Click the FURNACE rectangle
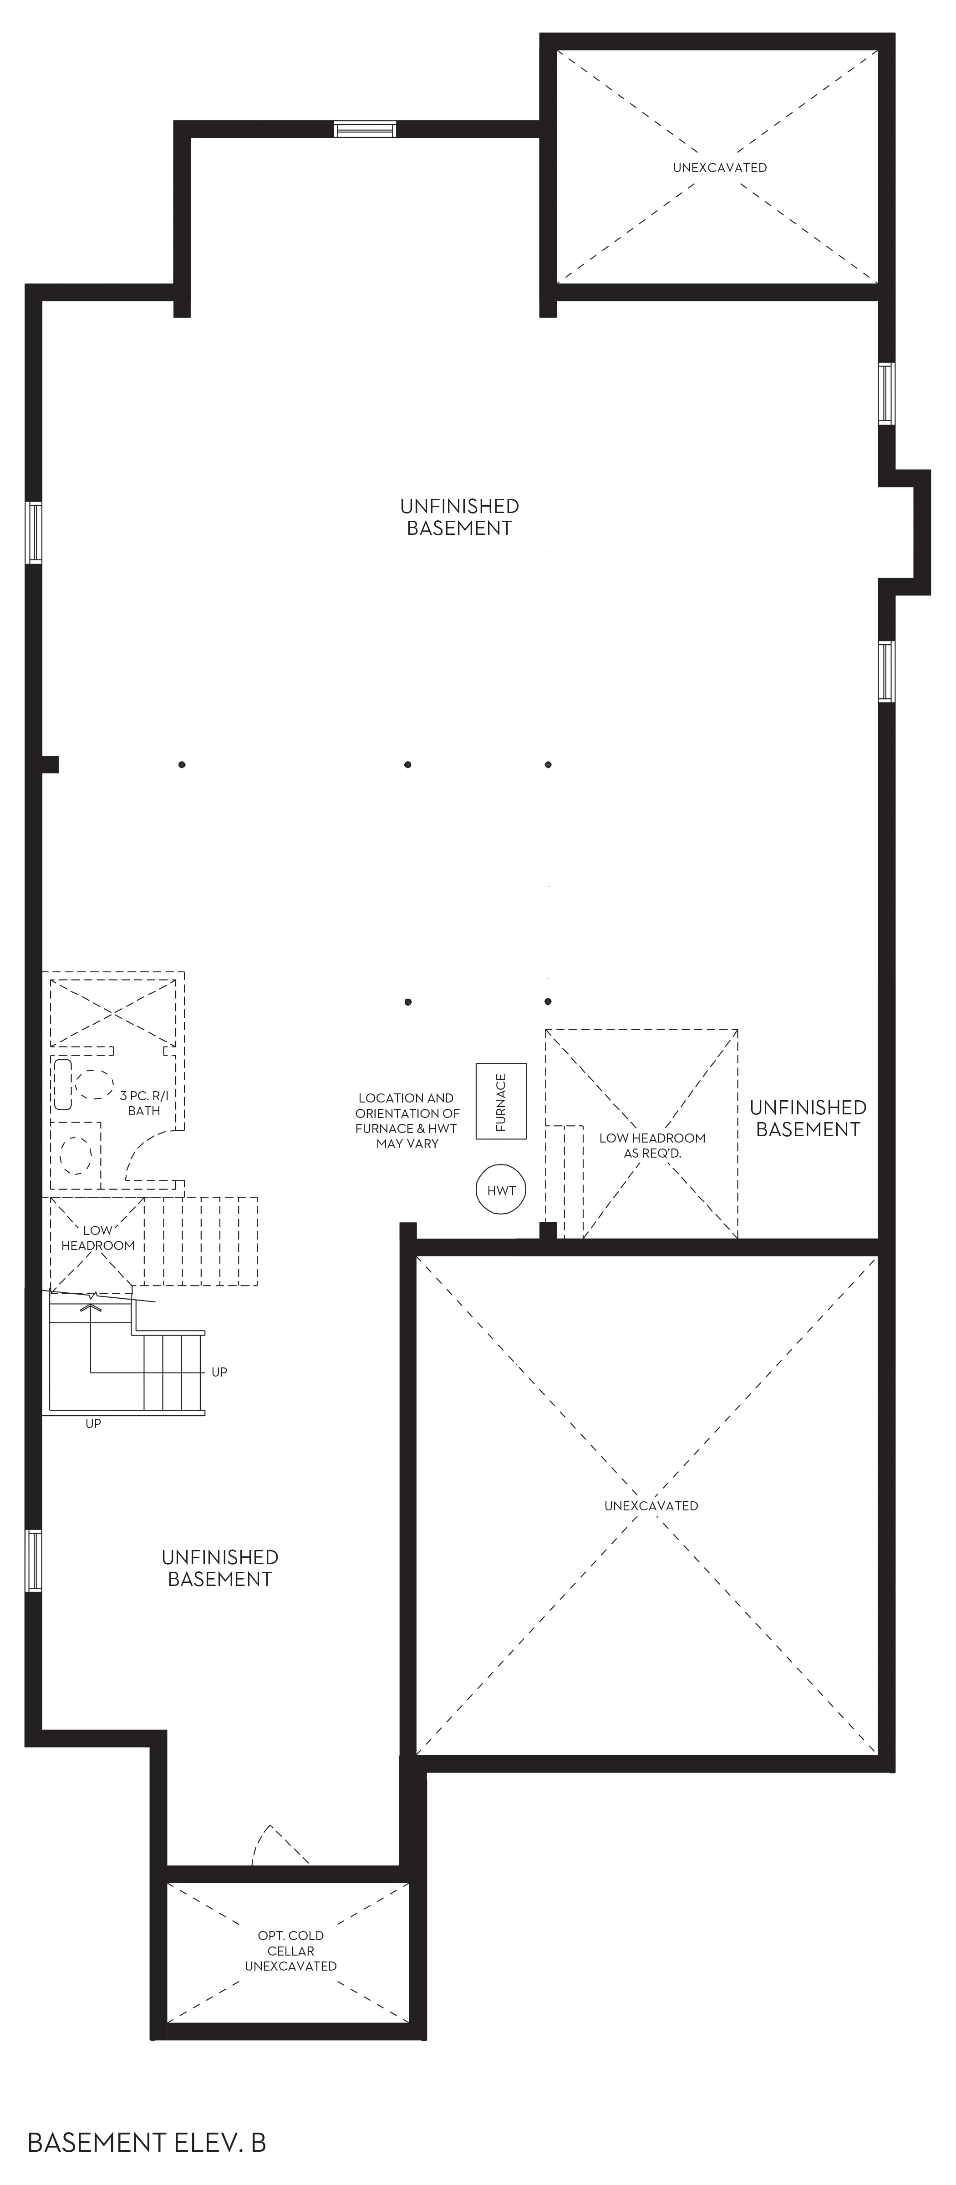click(500, 1101)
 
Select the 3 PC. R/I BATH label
click(144, 1103)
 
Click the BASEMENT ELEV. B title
click(147, 2143)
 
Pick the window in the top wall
click(365, 129)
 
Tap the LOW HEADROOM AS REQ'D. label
click(652, 1145)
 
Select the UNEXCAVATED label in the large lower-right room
click(651, 1505)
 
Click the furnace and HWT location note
click(407, 1120)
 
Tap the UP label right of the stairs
click(219, 1372)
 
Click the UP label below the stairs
click(93, 1423)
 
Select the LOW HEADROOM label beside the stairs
click(97, 1238)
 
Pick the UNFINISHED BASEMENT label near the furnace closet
click(808, 1118)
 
